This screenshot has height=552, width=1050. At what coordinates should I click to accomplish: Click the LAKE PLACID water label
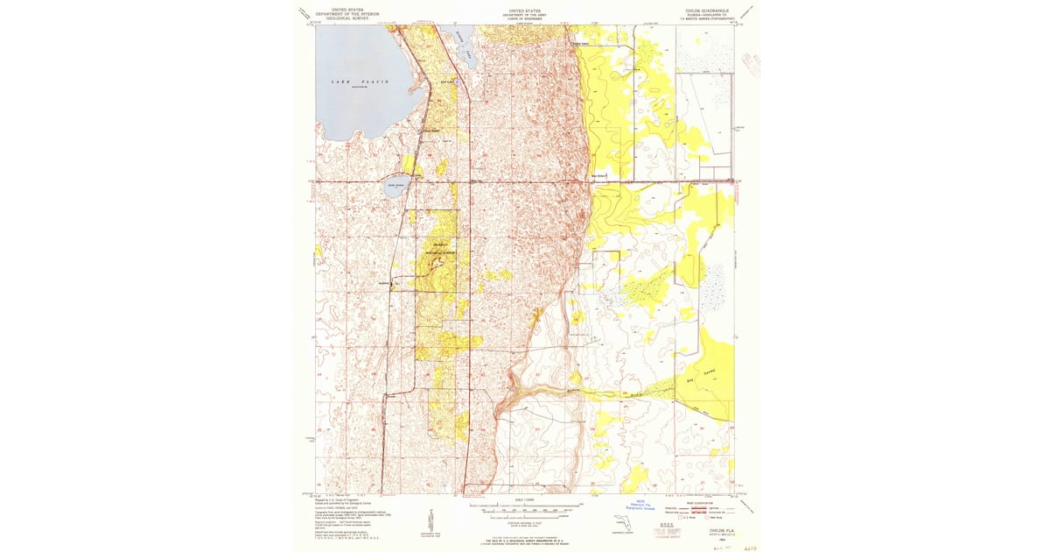click(360, 81)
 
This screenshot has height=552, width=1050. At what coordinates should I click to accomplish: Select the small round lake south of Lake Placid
click(395, 186)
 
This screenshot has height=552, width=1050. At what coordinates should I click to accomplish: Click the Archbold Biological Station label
click(440, 250)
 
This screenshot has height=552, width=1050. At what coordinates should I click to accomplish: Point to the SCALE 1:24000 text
click(525, 500)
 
